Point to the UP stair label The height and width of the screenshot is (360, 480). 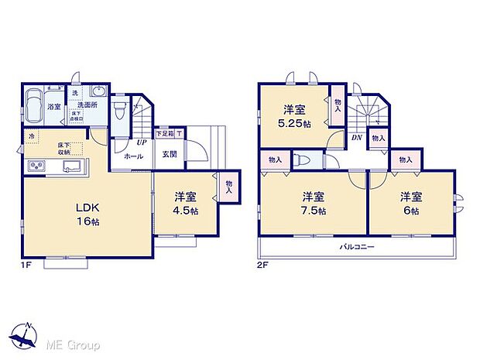pyautogui.click(x=142, y=143)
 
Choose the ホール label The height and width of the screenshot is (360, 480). pyautogui.click(x=132, y=156)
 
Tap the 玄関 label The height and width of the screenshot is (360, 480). pyautogui.click(x=170, y=153)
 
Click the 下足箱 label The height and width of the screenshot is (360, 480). pyautogui.click(x=165, y=134)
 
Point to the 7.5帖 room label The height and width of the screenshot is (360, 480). pyautogui.click(x=313, y=203)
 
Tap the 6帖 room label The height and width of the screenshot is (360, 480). pyautogui.click(x=410, y=203)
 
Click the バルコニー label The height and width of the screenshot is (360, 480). pyautogui.click(x=356, y=247)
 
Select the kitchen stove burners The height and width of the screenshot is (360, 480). pyautogui.click(x=36, y=166)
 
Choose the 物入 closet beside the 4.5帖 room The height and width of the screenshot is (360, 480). pyautogui.click(x=228, y=186)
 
